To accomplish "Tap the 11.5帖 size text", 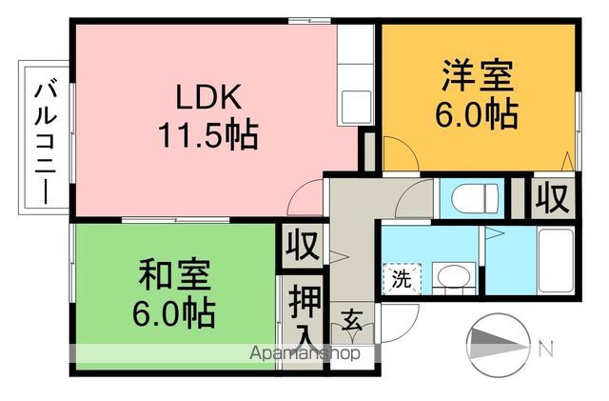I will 208,136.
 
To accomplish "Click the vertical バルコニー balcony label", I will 44,138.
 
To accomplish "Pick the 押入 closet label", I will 304,315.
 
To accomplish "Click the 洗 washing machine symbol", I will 403,280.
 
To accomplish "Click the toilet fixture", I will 474,198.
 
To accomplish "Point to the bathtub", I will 554,261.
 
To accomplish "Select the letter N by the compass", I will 545,349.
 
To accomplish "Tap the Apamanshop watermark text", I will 304,353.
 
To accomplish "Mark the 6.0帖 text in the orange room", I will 478,115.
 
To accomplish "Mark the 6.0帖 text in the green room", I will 173,312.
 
